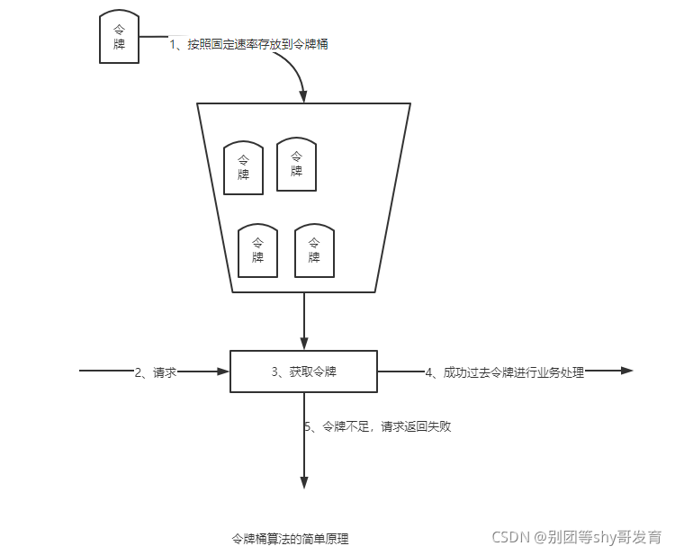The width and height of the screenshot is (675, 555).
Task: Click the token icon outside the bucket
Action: click(x=119, y=38)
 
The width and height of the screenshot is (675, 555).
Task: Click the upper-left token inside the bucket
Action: click(x=243, y=167)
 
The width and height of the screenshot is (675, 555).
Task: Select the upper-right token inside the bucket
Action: click(x=296, y=164)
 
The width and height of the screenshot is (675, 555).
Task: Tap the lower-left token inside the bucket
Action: click(x=257, y=250)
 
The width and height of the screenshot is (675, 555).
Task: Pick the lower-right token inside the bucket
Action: click(x=314, y=250)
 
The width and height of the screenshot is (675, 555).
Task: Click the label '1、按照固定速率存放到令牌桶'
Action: click(x=248, y=43)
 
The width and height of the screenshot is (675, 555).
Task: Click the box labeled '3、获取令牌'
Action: click(x=304, y=371)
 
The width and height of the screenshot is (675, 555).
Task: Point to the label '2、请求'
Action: click(x=155, y=371)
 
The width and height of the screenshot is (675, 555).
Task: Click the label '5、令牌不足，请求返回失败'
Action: click(x=377, y=426)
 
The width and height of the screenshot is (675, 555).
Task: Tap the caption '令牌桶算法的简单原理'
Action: click(x=291, y=540)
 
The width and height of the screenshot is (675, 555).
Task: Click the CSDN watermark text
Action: click(x=576, y=537)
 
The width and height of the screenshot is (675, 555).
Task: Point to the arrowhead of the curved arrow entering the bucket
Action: click(x=304, y=96)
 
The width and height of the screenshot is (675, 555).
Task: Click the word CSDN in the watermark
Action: click(x=511, y=537)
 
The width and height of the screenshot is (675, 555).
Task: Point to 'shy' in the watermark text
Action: click(x=604, y=537)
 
